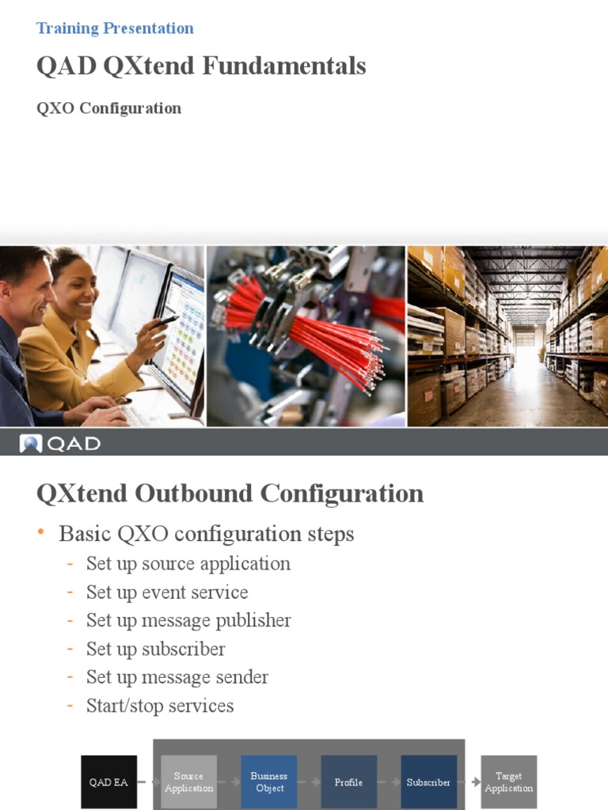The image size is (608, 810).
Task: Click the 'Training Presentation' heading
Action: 115,28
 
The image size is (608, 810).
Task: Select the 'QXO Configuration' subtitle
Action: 108,108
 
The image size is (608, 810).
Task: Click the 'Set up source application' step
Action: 188,563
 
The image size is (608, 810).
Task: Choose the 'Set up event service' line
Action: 167,592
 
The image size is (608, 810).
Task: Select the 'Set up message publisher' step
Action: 188,620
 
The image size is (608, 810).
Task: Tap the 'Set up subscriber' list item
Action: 156,649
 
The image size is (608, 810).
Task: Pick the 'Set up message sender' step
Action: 177,677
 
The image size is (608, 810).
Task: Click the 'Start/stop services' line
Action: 160,706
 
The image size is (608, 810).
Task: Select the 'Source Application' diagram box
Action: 188,782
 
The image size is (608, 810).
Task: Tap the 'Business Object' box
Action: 269,782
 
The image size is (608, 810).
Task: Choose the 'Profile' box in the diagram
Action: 348,782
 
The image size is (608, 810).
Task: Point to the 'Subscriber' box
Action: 428,782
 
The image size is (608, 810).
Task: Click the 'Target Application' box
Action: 509,782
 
